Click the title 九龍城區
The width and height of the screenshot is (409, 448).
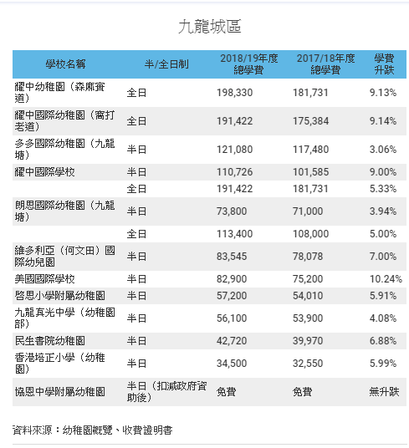click(x=210, y=27)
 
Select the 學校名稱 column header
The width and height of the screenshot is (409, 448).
click(x=65, y=64)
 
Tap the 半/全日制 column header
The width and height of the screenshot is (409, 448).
click(x=166, y=64)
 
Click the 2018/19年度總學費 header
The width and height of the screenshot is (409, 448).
click(x=249, y=64)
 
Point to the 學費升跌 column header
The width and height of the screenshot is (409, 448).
click(x=385, y=64)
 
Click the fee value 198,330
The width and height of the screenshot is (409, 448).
click(x=235, y=93)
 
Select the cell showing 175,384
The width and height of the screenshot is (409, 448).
click(x=310, y=121)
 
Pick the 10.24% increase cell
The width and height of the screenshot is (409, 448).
click(x=386, y=279)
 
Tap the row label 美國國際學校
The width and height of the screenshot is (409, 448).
click(x=45, y=279)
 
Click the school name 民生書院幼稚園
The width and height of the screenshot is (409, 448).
click(x=50, y=340)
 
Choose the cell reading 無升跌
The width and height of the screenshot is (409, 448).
click(x=384, y=392)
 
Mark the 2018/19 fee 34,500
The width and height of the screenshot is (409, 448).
click(x=232, y=364)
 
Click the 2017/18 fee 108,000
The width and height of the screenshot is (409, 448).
click(x=310, y=234)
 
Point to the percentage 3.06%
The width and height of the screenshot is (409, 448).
click(x=383, y=150)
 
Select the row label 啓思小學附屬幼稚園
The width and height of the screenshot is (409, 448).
click(x=60, y=295)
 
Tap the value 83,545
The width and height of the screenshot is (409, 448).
click(x=232, y=257)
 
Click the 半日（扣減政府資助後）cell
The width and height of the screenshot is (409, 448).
click(x=167, y=392)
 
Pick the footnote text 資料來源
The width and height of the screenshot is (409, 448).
click(x=33, y=430)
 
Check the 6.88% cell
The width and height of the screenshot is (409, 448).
click(x=383, y=340)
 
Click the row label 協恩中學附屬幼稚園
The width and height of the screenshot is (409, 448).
click(x=60, y=392)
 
